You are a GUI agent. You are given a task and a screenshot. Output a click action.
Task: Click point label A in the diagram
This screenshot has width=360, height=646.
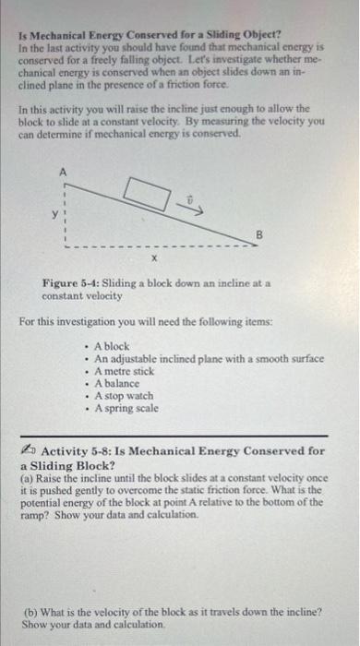coord(63,172)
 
